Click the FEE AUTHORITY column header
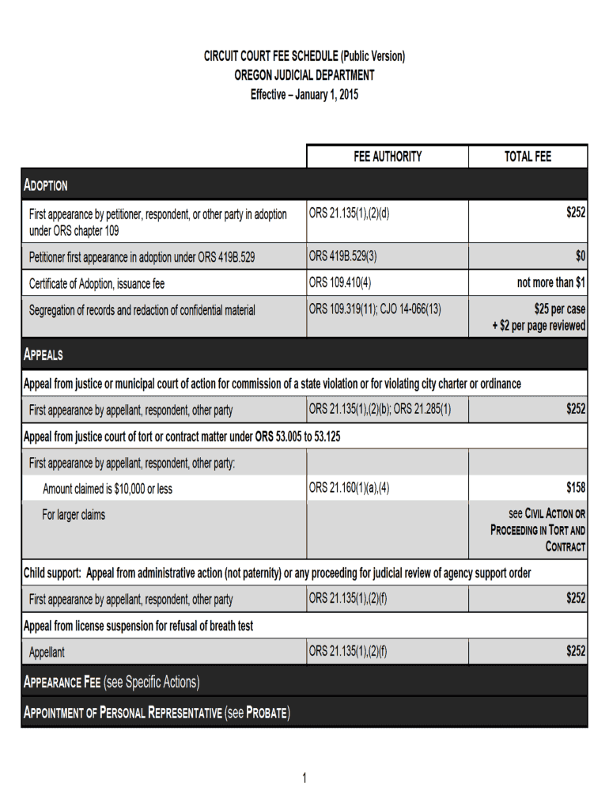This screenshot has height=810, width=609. (388, 157)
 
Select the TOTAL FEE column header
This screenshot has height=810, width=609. (528, 157)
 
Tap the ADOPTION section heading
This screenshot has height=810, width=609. (46, 186)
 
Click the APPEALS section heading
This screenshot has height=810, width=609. (43, 355)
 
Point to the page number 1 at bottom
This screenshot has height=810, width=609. (304, 779)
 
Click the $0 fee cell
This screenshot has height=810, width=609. (580, 256)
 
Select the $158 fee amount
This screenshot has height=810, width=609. (575, 488)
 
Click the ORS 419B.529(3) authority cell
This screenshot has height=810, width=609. (343, 256)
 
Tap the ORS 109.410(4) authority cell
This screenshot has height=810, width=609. (340, 282)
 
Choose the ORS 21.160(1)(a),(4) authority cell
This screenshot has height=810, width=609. (350, 488)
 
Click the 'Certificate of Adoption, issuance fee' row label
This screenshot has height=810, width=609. (97, 283)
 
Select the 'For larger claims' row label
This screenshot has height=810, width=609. (74, 515)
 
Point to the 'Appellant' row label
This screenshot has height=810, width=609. (47, 653)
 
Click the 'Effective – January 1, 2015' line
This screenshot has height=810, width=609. (304, 95)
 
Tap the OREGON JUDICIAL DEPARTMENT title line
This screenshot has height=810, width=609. (304, 76)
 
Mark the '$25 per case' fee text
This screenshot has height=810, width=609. (559, 309)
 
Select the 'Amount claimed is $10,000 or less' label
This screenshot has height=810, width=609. (108, 489)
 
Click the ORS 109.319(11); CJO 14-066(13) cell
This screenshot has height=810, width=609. (375, 309)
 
